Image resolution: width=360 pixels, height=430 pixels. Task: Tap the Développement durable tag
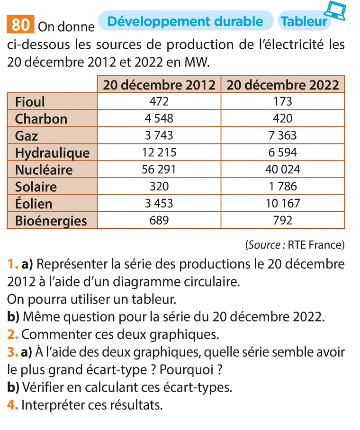185,21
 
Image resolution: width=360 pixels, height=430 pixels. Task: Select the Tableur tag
303,22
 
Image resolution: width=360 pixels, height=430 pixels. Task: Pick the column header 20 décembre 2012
159,85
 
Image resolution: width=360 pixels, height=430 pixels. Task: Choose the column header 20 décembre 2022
283,85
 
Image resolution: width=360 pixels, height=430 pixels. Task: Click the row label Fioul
30,102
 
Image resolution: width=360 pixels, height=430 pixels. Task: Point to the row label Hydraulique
52,152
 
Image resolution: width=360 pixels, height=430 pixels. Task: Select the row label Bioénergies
51,221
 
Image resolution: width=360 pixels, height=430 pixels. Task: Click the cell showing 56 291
159,170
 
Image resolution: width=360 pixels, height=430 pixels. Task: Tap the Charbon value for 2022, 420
283,118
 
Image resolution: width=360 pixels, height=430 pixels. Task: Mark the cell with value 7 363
283,135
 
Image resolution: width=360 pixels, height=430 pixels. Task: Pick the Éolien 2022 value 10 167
283,204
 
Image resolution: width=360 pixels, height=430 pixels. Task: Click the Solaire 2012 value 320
159,187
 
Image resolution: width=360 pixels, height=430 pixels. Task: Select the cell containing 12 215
159,152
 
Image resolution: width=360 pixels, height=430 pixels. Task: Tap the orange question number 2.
12,334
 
